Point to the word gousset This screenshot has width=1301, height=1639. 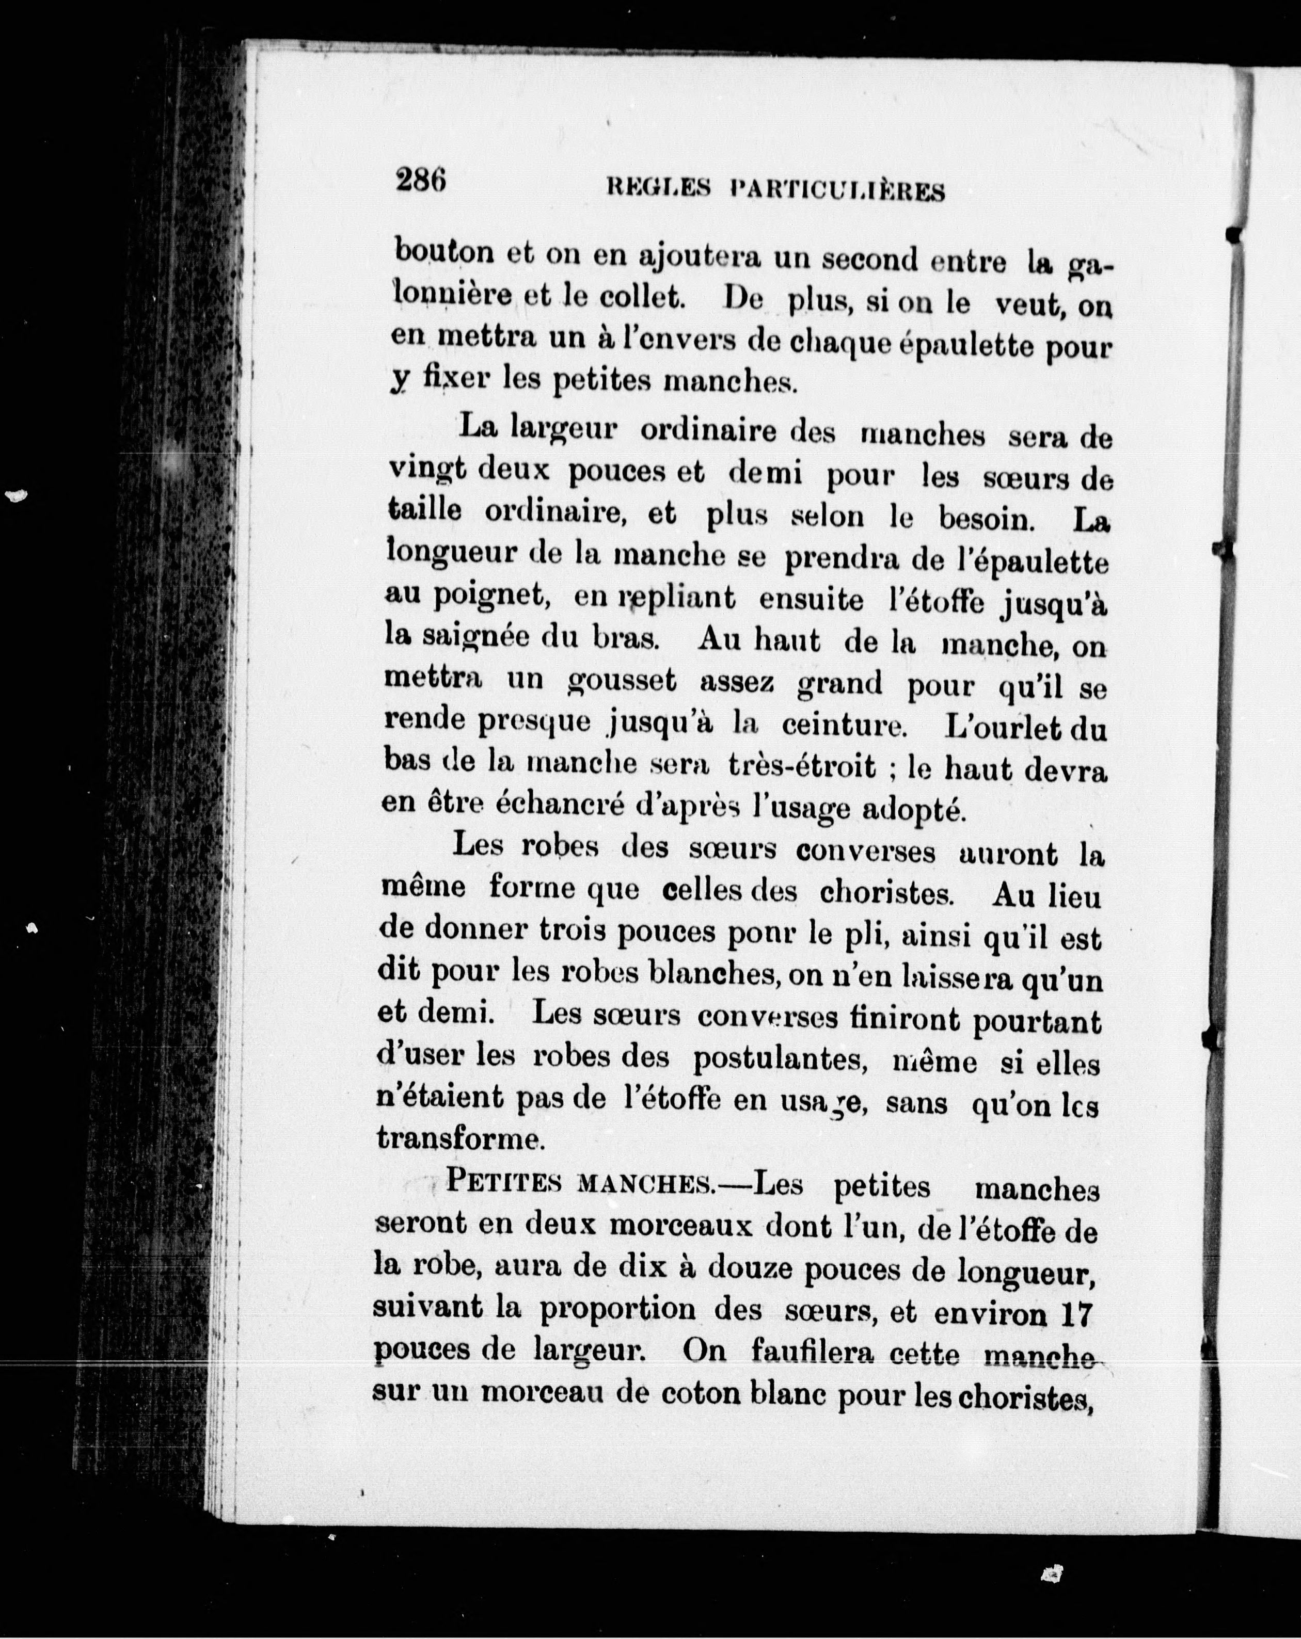tap(622, 680)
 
